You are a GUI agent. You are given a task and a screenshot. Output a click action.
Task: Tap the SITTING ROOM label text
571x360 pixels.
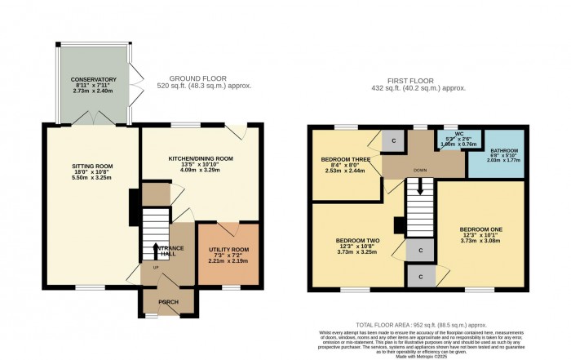91,166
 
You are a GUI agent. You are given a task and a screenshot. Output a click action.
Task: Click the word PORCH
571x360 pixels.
168,302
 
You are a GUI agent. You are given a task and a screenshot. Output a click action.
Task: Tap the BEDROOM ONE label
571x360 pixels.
480,229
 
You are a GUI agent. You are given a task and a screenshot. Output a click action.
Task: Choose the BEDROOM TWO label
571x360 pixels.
356,241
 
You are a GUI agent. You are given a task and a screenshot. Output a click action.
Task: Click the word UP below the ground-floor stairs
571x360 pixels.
156,268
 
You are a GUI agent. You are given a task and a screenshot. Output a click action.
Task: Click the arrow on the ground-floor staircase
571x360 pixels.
155,247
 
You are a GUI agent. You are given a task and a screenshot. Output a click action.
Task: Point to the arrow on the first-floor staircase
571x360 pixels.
421,187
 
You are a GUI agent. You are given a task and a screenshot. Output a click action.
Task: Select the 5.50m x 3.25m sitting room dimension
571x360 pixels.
91,178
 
